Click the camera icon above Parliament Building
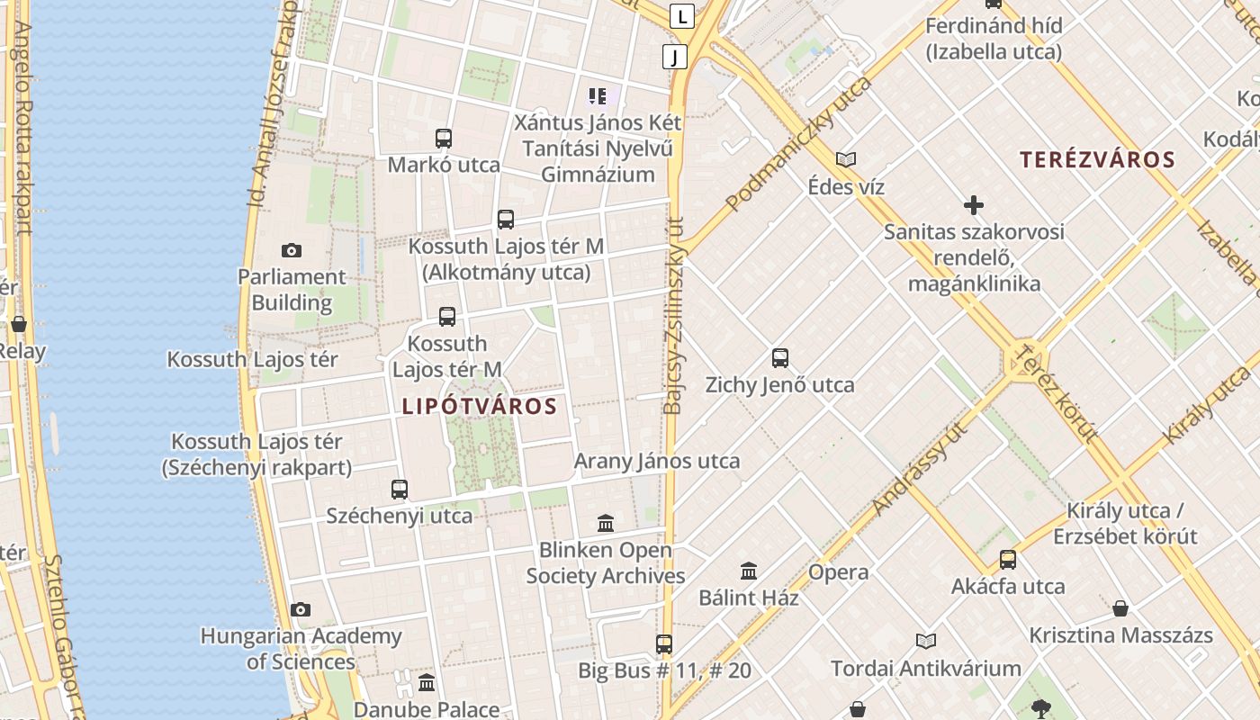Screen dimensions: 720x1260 tap(291, 251)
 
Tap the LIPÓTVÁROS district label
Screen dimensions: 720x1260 tap(480, 406)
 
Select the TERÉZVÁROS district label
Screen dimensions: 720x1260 tap(1097, 160)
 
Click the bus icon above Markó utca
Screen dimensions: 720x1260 tap(444, 139)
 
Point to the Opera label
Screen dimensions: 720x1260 tap(838, 572)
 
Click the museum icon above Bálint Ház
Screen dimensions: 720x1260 tap(749, 571)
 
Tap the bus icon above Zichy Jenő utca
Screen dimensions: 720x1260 tap(780, 358)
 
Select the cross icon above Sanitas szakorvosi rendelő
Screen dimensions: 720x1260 tap(973, 205)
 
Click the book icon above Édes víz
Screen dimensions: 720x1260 tap(845, 160)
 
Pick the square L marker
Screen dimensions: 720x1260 tap(683, 15)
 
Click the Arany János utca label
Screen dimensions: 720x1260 tap(657, 462)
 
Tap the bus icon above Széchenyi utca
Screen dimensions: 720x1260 tap(400, 490)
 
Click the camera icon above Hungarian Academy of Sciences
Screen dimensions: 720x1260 tap(301, 610)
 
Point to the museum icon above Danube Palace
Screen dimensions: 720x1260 tap(427, 682)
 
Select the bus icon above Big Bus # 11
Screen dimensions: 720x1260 tap(664, 643)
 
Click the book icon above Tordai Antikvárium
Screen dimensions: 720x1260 tap(926, 642)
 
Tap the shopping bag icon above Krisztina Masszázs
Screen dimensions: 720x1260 tap(1120, 609)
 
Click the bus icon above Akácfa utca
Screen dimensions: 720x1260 tap(1008, 560)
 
